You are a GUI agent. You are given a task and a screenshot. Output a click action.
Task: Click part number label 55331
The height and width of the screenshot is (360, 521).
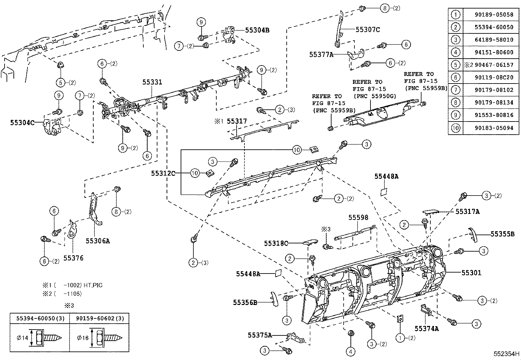pyautogui.click(x=152, y=82)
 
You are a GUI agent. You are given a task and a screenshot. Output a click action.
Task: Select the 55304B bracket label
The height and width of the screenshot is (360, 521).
pyautogui.click(x=257, y=30)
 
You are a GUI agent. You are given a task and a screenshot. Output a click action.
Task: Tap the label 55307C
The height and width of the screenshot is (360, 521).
pyautogui.click(x=368, y=29)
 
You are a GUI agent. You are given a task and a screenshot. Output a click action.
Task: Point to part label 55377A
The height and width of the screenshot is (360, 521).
pyautogui.click(x=321, y=55)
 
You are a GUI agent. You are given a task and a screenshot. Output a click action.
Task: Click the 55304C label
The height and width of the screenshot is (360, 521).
pyautogui.click(x=22, y=123)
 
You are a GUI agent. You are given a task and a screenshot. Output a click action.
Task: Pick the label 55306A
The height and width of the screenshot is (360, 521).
pyautogui.click(x=98, y=241)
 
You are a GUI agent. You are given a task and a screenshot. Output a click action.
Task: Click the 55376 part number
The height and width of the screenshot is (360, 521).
pyautogui.click(x=73, y=258)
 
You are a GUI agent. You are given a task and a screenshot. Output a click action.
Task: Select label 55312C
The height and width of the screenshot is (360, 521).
pyautogui.click(x=163, y=173)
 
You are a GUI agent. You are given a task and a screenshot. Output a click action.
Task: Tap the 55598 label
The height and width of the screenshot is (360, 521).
pyautogui.click(x=358, y=218)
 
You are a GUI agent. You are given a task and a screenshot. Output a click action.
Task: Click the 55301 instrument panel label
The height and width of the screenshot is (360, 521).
pyautogui.click(x=471, y=273)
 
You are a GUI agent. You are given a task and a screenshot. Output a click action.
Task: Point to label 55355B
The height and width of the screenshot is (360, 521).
pyautogui.click(x=502, y=234)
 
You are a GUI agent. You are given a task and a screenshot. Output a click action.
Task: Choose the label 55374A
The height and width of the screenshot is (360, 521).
pyautogui.click(x=426, y=329)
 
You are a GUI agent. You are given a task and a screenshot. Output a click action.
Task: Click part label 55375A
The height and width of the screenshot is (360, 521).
pyautogui.click(x=260, y=335)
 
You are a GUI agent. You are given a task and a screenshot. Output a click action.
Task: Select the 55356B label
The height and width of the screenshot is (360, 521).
pyautogui.click(x=245, y=302)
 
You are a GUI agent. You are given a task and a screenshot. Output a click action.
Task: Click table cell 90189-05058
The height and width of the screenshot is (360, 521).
pyautogui.click(x=494, y=14)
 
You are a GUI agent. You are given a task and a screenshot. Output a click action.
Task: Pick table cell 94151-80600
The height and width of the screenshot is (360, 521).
pyautogui.click(x=494, y=52)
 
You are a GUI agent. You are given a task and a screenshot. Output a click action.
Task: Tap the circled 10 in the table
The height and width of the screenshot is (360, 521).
pyautogui.click(x=456, y=128)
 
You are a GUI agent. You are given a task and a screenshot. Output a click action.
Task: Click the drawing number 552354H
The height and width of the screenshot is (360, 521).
pyautogui.click(x=506, y=354)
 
